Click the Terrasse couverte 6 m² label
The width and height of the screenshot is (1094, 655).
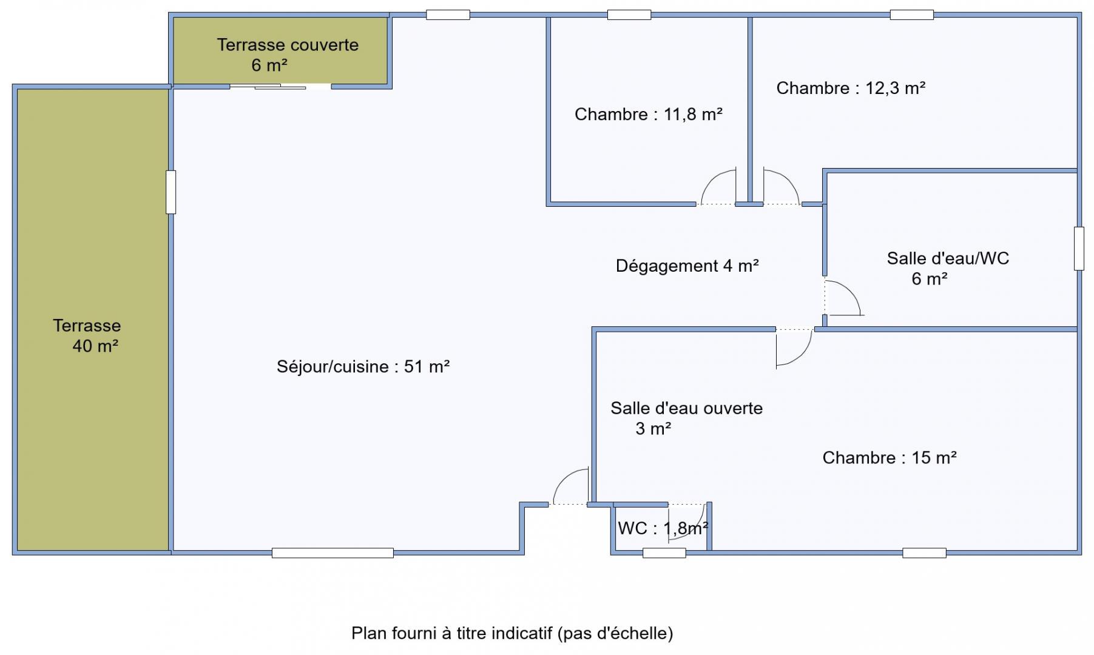click(288, 55)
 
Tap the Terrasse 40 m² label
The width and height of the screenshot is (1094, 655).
click(87, 336)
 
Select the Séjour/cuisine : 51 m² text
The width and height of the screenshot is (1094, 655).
click(363, 366)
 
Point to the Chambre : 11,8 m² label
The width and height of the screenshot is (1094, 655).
click(649, 114)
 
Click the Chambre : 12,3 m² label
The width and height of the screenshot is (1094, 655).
click(851, 88)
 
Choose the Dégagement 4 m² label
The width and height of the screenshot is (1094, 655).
click(687, 266)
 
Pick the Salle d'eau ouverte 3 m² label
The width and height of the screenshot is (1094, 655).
click(686, 418)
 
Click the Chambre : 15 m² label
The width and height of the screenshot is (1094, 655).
click(890, 457)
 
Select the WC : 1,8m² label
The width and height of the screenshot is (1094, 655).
click(663, 528)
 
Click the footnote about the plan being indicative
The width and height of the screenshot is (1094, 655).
click(512, 633)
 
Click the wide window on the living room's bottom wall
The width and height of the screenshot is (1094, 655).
click(333, 553)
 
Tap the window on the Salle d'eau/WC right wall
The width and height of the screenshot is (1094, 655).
click(1079, 248)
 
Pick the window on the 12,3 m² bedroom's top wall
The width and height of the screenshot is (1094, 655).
click(911, 15)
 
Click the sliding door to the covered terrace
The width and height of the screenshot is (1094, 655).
click(280, 87)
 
